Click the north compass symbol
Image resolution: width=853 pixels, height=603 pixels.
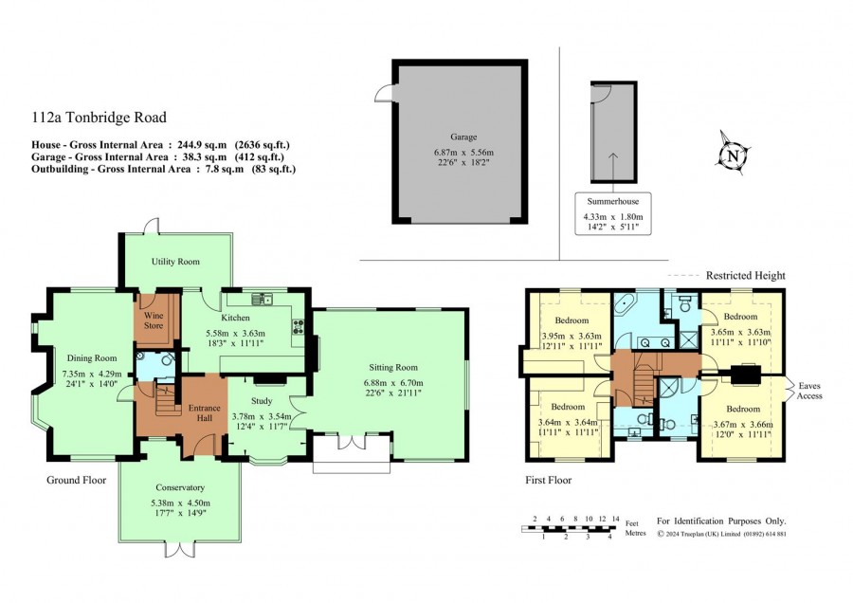[733, 155]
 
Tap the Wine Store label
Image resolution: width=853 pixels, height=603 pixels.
[154, 320]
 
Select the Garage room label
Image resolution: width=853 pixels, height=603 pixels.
[463, 137]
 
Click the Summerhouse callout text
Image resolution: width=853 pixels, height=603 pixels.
[613, 201]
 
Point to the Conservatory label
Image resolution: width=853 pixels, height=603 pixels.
[180, 487]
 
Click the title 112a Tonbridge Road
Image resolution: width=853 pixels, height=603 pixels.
[99, 117]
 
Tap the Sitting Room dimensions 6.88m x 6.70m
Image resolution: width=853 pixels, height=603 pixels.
[393, 383]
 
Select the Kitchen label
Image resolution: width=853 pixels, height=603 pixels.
[236, 318]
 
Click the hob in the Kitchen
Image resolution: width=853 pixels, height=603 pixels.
[299, 326]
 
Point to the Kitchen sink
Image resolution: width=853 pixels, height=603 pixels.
[263, 299]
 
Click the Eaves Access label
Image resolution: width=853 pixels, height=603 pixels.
[809, 391]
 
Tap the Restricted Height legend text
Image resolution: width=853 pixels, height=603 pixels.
[745, 275]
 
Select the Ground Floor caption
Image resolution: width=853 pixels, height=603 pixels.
[76, 480]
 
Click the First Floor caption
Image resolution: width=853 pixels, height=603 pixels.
[549, 480]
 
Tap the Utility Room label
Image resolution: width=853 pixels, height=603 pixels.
[175, 262]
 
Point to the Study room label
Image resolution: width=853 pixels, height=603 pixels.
[262, 401]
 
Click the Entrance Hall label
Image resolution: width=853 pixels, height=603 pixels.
[205, 413]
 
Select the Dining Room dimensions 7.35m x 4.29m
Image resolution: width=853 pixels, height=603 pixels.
[92, 374]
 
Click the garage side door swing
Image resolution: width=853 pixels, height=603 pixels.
[383, 94]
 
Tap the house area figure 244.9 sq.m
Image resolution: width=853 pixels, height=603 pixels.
[201, 145]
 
